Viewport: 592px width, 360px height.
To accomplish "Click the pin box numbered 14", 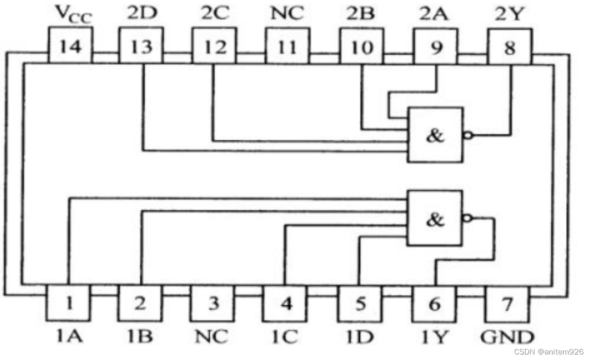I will [x=71, y=47].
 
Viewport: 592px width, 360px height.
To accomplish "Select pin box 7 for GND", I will [x=507, y=303].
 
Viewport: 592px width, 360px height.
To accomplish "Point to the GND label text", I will [x=507, y=336].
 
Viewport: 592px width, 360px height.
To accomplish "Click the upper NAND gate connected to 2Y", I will [x=435, y=135].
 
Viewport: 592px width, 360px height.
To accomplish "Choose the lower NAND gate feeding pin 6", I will [x=435, y=218].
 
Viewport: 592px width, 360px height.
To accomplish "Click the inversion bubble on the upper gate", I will [x=466, y=135].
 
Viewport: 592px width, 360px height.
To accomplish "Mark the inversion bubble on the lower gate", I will [x=466, y=218].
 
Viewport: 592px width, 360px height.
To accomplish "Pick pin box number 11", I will [x=287, y=47].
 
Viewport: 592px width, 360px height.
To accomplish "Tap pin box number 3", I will [x=214, y=303].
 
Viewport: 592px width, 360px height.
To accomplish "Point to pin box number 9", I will [x=436, y=47].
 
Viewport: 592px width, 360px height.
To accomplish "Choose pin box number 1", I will [x=68, y=303].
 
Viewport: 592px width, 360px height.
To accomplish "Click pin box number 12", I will [x=214, y=47].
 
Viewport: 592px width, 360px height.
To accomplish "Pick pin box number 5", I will [x=360, y=303].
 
